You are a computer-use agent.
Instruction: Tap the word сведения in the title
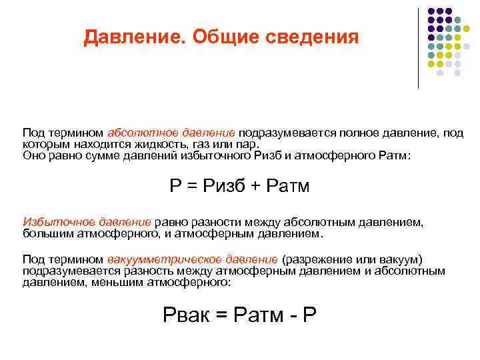(313, 37)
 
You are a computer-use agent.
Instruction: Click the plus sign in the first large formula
(256, 186)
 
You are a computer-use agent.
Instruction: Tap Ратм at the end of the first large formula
(288, 186)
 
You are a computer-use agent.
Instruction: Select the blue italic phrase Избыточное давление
(87, 221)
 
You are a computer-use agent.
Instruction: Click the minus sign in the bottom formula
(291, 315)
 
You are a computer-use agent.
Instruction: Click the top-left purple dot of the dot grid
(431, 12)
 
